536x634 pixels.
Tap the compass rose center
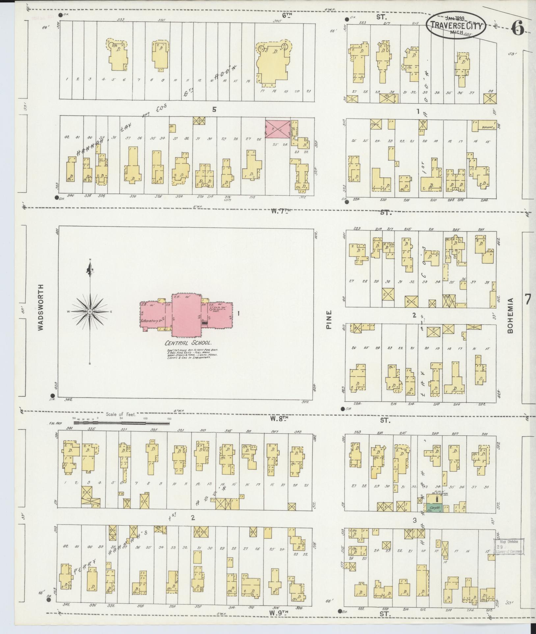[90, 311]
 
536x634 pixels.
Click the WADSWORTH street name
[41, 311]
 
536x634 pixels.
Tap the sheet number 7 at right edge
[527, 299]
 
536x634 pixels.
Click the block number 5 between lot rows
[214, 110]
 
